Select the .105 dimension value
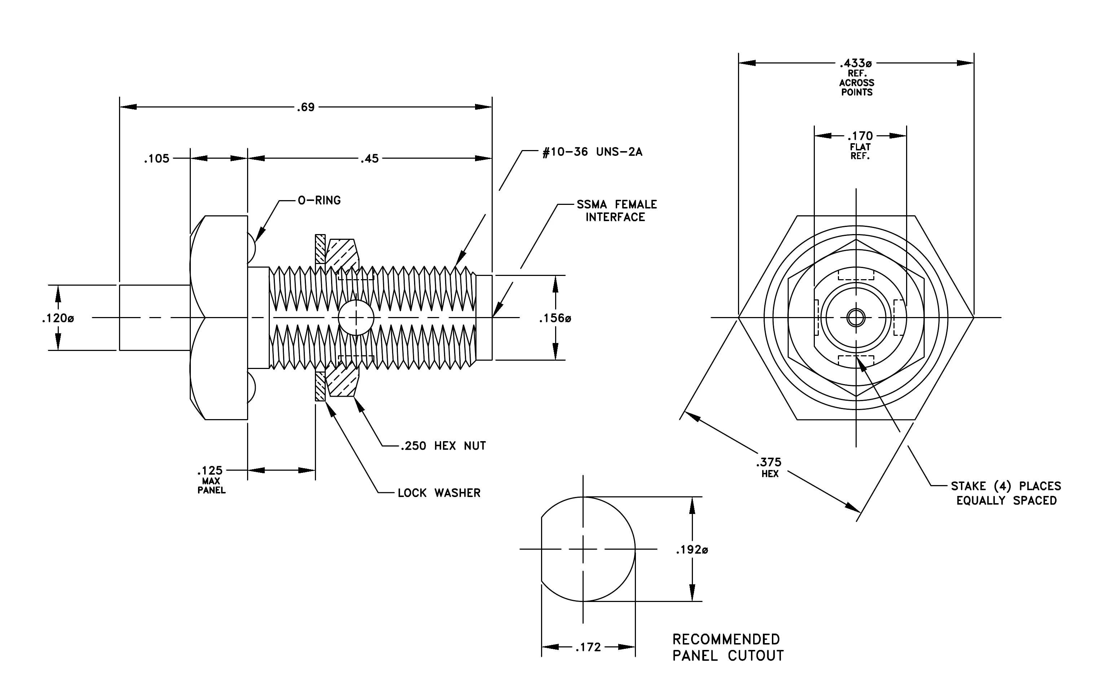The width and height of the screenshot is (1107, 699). pyautogui.click(x=157, y=159)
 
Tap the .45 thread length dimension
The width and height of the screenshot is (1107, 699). pyautogui.click(x=370, y=159)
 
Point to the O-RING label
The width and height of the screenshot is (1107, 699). pyautogui.click(x=319, y=201)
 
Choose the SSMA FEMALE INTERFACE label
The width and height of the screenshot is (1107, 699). pyautogui.click(x=616, y=211)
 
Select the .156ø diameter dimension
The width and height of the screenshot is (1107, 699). pyautogui.click(x=555, y=318)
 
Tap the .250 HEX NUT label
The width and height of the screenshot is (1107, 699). pyautogui.click(x=443, y=446)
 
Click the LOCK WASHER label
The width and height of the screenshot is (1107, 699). pyautogui.click(x=439, y=493)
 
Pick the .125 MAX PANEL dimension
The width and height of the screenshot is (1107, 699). pyautogui.click(x=211, y=480)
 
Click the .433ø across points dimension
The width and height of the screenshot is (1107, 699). pyautogui.click(x=856, y=77)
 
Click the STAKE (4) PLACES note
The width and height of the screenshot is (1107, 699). pyautogui.click(x=1006, y=493)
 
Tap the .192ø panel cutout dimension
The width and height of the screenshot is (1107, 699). pyautogui.click(x=691, y=550)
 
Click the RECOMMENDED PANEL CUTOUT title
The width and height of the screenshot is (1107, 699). pyautogui.click(x=728, y=647)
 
